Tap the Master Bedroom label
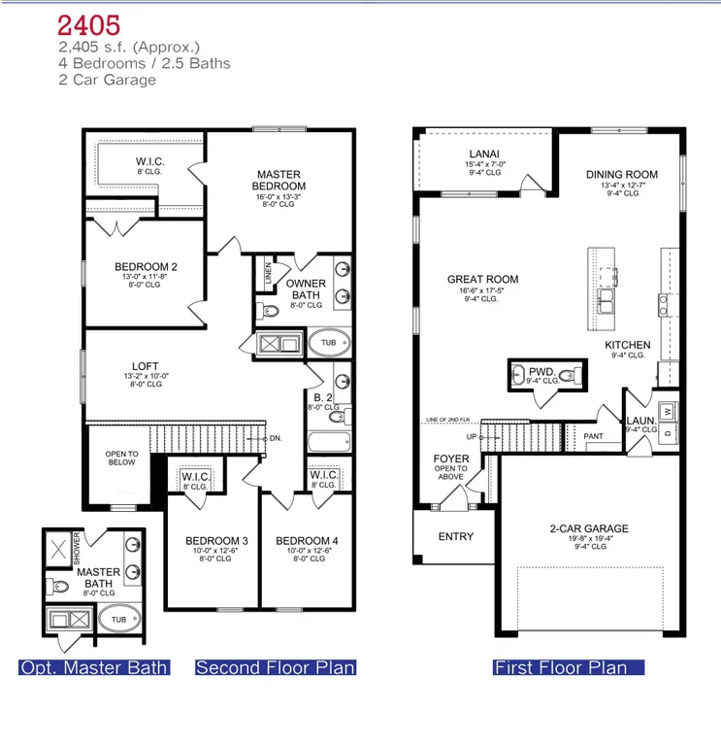pos(279,180)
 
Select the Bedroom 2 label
pos(146,266)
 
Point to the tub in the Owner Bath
pos(328,343)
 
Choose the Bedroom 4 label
pos(308,541)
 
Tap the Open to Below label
pos(122,458)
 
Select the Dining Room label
pos(622,175)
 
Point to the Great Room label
pos(482,280)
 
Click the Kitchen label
pos(628,345)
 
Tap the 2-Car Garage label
pos(589,529)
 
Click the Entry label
pos(456,537)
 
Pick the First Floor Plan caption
pos(568,667)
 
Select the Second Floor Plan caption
pos(276,667)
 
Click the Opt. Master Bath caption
pos(95,667)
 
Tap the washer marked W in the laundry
pos(667,410)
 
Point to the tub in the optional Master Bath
pos(118,619)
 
